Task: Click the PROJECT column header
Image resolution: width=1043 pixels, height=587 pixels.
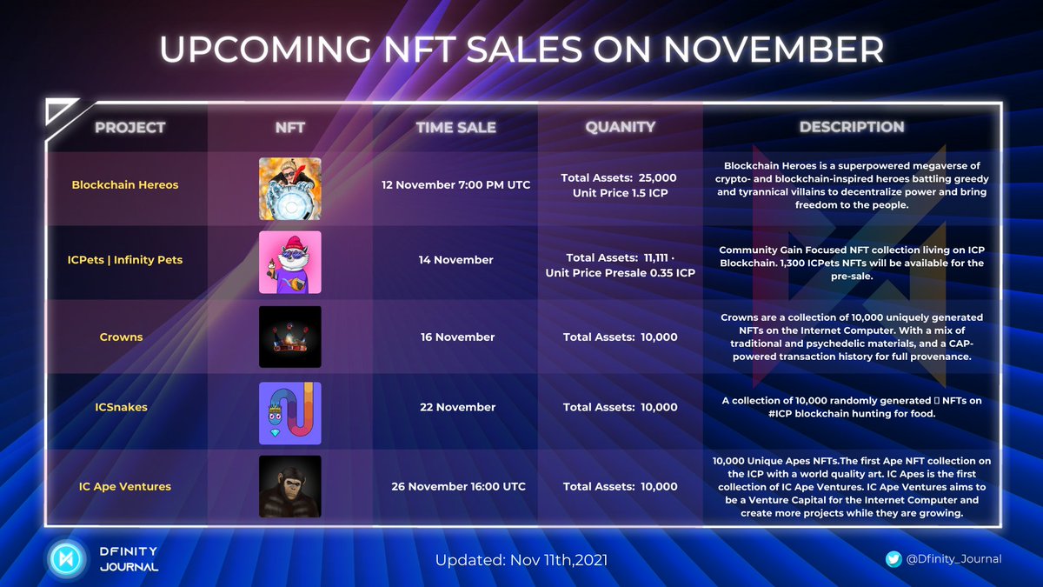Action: pyautogui.click(x=130, y=127)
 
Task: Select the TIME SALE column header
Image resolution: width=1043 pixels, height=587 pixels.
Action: pyautogui.click(x=455, y=127)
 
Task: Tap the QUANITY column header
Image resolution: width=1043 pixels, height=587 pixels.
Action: pyautogui.click(x=620, y=127)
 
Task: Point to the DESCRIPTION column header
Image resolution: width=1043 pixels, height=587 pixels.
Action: pyautogui.click(x=852, y=127)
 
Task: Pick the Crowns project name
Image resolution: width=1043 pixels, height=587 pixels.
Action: pyautogui.click(x=121, y=337)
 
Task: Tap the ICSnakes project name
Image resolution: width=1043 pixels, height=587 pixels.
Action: pyautogui.click(x=121, y=407)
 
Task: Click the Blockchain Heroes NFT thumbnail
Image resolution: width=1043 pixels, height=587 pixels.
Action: pyautogui.click(x=290, y=189)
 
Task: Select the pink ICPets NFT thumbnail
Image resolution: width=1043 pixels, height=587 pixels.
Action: pyautogui.click(x=290, y=262)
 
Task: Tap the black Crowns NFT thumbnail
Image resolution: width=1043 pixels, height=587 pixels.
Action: pyautogui.click(x=290, y=337)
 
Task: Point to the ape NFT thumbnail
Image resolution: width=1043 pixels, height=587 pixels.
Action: pyautogui.click(x=290, y=486)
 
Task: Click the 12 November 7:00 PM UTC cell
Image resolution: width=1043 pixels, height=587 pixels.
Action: pyautogui.click(x=456, y=185)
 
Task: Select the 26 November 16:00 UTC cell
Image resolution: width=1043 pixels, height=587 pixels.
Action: pyautogui.click(x=457, y=487)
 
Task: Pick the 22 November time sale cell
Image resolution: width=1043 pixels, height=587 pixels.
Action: pyautogui.click(x=457, y=407)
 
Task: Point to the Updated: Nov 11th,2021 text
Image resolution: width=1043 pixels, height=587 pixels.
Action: pyautogui.click(x=521, y=560)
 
